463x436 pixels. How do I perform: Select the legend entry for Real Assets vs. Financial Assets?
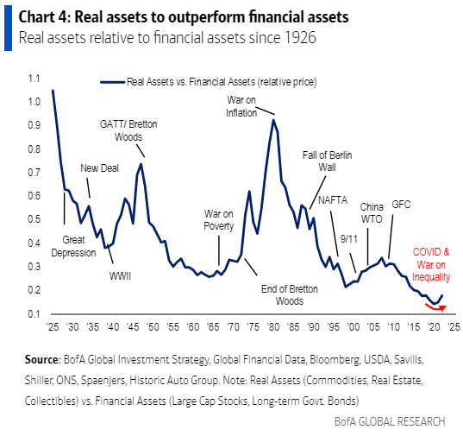(x=221, y=82)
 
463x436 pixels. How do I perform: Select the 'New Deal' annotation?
(x=101, y=169)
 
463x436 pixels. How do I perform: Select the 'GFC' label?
(x=400, y=205)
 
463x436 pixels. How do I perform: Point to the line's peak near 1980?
(x=273, y=120)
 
